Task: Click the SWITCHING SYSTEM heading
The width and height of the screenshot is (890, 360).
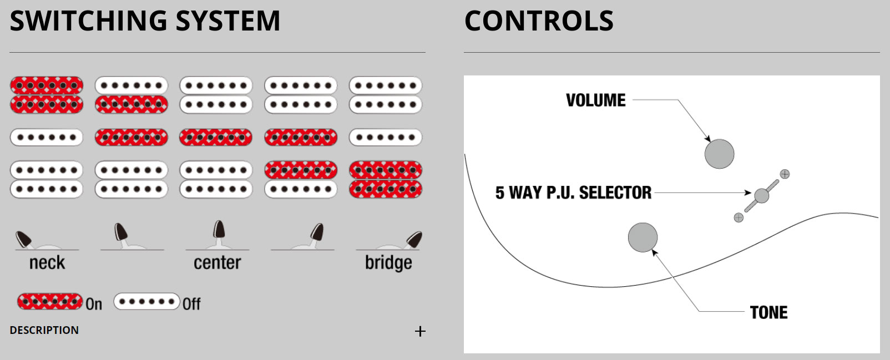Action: point(145,21)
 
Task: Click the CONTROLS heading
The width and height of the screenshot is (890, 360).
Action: point(539,21)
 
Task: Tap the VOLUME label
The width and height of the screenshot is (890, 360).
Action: point(595,100)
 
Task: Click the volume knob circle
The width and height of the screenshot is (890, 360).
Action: point(719,154)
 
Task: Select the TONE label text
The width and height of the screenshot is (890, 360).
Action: point(768,312)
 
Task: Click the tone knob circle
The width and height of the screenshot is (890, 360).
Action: point(643,237)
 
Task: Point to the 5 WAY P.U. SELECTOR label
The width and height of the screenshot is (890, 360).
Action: point(573,192)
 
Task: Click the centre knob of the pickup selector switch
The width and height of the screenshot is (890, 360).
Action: point(762,195)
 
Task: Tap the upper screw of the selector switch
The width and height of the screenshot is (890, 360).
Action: point(785,174)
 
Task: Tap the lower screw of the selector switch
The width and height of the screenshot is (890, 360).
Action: point(739,217)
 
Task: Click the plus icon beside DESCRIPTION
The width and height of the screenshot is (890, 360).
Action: point(420,331)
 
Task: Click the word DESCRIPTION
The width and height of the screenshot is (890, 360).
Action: point(44,330)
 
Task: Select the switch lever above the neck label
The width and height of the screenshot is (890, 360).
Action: point(24,239)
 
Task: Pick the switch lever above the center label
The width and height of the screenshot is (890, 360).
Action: point(219,231)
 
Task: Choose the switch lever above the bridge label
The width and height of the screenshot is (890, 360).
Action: point(414,239)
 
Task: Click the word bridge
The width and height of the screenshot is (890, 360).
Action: point(388,262)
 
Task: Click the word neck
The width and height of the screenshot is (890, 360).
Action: point(47,262)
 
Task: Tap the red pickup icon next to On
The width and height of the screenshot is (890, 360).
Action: point(50,301)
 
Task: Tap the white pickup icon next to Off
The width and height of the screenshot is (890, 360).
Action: point(146,302)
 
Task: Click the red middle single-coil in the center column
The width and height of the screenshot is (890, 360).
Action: point(216,137)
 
